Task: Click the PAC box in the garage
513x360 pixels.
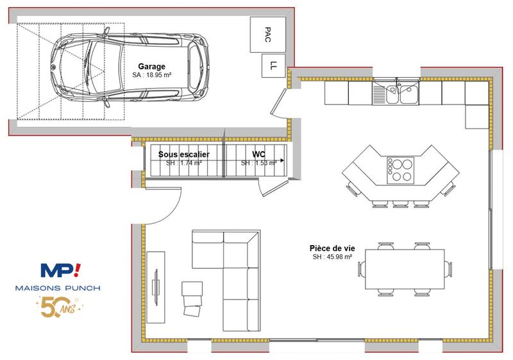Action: (x=267, y=33)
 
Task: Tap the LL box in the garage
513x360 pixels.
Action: (x=273, y=65)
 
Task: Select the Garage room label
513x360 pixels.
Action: (x=151, y=66)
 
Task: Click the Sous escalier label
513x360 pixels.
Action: (x=184, y=155)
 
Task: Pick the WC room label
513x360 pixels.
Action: (x=258, y=155)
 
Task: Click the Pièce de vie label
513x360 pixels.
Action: (x=332, y=248)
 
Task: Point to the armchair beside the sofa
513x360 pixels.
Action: (x=192, y=298)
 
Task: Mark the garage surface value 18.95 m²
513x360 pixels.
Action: (x=151, y=75)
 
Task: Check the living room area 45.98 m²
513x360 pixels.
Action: (x=332, y=257)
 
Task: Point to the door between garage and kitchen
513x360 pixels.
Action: (x=280, y=103)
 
